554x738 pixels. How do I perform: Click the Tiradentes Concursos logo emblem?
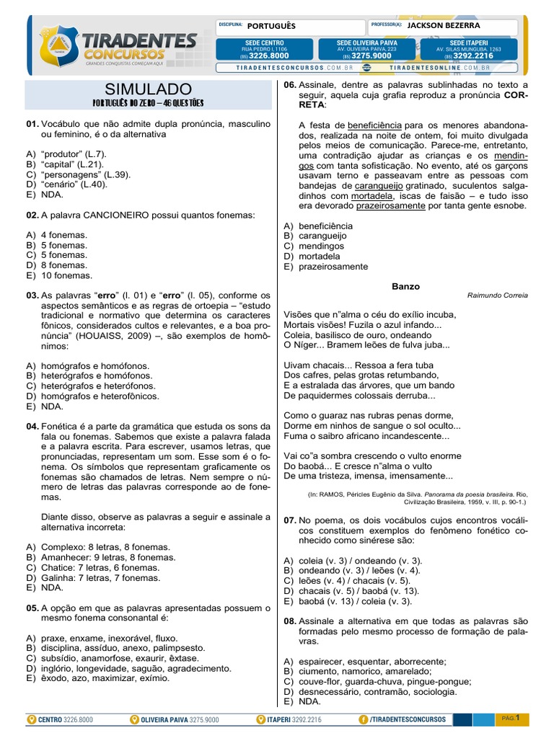[53, 45]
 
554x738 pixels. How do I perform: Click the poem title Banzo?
[405, 286]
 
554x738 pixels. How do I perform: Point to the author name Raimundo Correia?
[497, 295]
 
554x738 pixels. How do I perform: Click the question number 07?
[290, 520]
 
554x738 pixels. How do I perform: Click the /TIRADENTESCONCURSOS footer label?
[407, 719]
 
